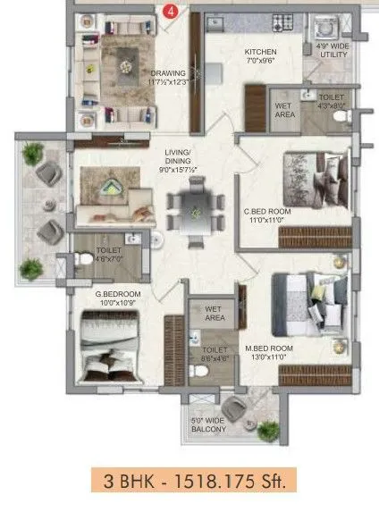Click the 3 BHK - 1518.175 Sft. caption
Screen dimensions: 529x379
coord(192,483)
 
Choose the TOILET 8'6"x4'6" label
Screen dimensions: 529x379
coord(214,354)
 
